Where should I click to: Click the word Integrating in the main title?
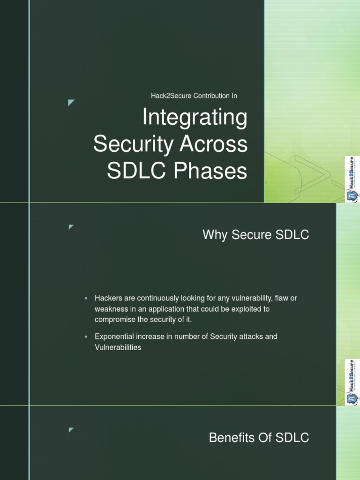(195, 118)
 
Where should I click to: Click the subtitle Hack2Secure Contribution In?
(194, 96)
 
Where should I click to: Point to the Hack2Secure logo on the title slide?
(352, 180)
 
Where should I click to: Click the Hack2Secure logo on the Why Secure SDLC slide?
(352, 382)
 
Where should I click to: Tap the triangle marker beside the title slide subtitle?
(71, 103)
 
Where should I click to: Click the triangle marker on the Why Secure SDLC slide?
(71, 227)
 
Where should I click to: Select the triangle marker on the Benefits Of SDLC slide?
(71, 429)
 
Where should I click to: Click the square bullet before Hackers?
(86, 299)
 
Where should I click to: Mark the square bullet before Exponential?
(86, 337)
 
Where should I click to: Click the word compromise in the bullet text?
(115, 320)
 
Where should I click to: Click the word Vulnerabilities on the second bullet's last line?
(118, 348)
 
